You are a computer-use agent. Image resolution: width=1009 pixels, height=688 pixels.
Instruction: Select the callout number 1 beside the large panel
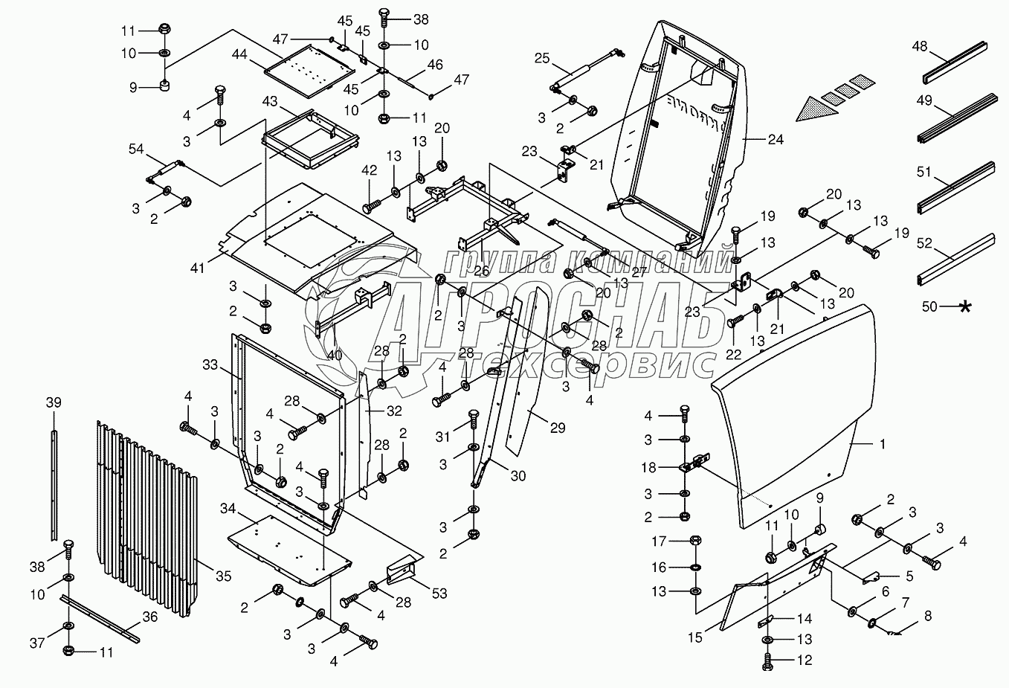pyautogui.click(x=882, y=444)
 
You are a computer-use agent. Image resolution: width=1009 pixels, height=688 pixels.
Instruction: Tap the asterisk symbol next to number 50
pyautogui.click(x=965, y=306)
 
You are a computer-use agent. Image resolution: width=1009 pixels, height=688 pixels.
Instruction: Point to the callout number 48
pyautogui.click(x=920, y=46)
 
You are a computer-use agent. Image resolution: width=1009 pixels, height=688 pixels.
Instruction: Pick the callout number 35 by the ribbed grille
pyautogui.click(x=223, y=576)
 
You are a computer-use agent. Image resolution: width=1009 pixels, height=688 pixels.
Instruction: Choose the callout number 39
pyautogui.click(x=53, y=402)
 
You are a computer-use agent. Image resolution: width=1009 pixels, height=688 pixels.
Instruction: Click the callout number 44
pyautogui.click(x=239, y=54)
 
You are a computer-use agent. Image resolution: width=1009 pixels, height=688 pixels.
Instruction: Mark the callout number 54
pyautogui.click(x=136, y=150)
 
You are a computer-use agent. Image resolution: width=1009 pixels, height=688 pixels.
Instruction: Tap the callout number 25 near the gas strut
pyautogui.click(x=541, y=57)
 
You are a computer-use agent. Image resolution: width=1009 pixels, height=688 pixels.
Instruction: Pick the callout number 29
pyautogui.click(x=557, y=428)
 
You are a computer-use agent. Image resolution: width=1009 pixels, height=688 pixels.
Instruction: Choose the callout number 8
pyautogui.click(x=928, y=616)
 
